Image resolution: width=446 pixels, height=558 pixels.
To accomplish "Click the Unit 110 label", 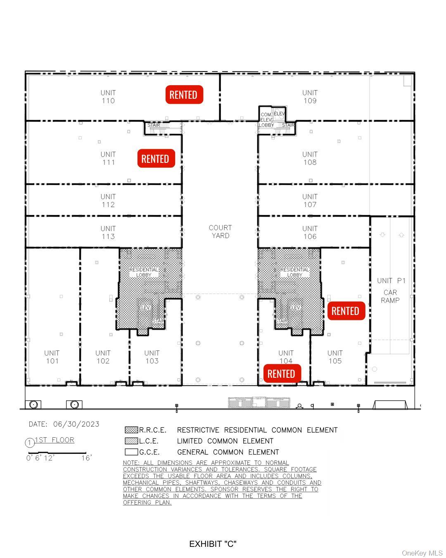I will click(108, 97).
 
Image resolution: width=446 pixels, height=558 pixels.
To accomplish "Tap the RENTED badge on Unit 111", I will click(156, 159).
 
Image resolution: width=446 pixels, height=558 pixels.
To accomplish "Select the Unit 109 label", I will click(310, 97).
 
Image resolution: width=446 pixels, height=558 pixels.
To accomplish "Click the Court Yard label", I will click(220, 231).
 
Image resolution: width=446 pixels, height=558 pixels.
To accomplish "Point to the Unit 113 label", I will click(108, 232).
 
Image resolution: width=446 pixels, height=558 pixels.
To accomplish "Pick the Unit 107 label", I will click(310, 200).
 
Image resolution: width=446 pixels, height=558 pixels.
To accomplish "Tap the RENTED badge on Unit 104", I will click(281, 374).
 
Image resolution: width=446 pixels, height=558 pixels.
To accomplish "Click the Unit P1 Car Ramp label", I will click(391, 290).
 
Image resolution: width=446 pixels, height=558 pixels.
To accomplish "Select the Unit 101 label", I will click(52, 357).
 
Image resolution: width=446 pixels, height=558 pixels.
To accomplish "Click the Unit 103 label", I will click(152, 357).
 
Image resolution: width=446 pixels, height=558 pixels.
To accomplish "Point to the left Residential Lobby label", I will click(144, 272).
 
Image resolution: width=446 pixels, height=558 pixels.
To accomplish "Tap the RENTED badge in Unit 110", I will click(184, 95).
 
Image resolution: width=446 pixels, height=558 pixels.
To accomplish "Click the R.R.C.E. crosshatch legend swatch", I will click(131, 430).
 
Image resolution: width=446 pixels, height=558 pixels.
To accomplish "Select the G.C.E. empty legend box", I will click(131, 452).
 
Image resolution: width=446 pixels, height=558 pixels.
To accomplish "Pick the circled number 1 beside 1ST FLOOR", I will click(30, 443).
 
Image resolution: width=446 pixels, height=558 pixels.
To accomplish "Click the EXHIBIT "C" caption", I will click(213, 544).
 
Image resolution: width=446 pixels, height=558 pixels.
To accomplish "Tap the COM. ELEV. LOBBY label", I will click(266, 119).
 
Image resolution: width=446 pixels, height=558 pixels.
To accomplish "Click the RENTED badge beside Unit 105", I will click(346, 311).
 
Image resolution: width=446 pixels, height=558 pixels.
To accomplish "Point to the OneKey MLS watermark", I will click(422, 553).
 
